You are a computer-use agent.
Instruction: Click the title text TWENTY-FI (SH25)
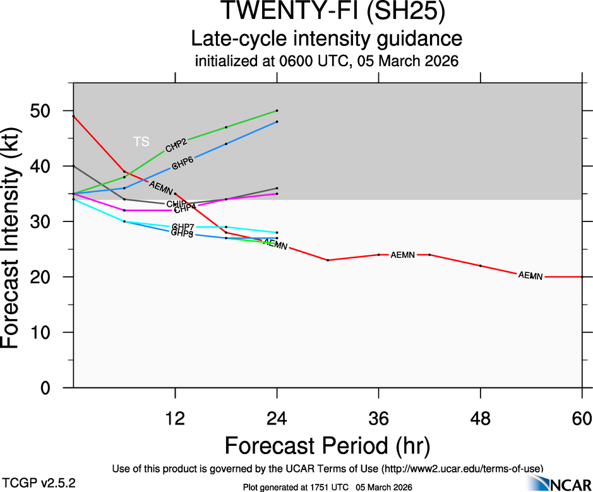326,11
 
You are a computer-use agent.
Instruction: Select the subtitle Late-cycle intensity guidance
326,39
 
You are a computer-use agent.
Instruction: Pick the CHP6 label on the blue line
183,163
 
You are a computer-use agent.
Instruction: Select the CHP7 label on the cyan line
183,226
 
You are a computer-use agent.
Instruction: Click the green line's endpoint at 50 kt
277,110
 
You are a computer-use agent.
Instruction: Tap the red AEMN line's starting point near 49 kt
74,116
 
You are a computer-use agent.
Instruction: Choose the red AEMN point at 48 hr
481,266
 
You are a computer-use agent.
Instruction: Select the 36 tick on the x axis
379,418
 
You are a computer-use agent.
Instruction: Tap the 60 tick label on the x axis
582,418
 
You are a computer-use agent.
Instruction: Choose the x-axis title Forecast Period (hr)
327,445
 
